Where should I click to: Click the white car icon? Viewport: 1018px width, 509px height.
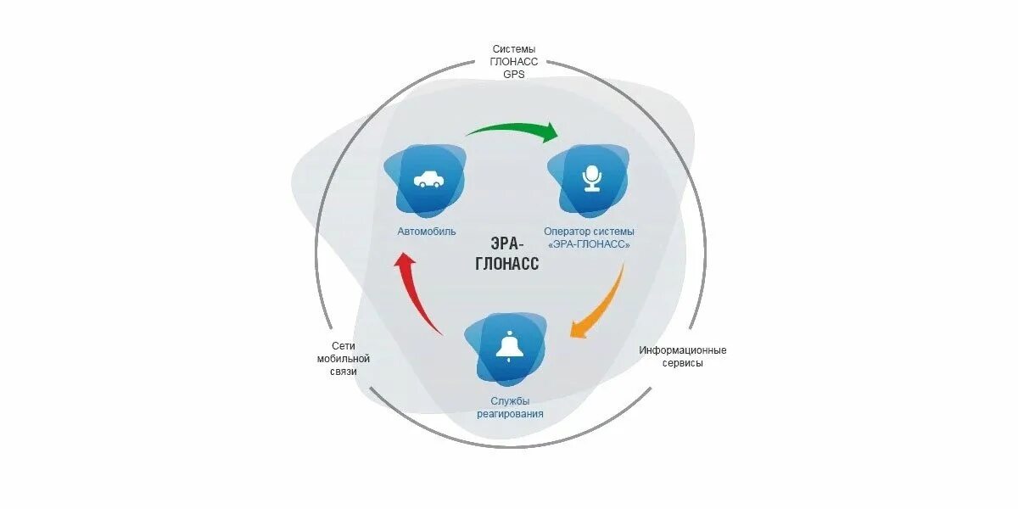(x=427, y=179)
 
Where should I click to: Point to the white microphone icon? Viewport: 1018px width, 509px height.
(x=591, y=178)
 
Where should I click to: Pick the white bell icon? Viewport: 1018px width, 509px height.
(x=509, y=347)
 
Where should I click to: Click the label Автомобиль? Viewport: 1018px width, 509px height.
(x=427, y=232)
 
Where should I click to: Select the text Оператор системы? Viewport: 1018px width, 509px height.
(x=589, y=231)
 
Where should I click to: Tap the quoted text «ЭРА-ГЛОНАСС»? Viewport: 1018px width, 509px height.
(x=589, y=244)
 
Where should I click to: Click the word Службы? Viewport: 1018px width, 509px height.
(x=510, y=400)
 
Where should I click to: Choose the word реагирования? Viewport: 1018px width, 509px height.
(x=510, y=414)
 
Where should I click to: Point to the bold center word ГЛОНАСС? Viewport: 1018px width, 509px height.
(x=507, y=264)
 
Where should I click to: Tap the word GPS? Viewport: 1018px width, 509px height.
(x=514, y=75)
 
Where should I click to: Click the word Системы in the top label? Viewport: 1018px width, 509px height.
(x=514, y=49)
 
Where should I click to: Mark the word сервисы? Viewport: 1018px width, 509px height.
(x=683, y=363)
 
